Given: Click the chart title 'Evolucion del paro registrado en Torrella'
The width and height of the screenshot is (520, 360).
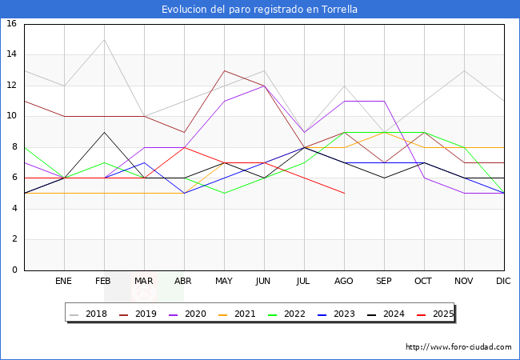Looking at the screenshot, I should (x=259, y=10).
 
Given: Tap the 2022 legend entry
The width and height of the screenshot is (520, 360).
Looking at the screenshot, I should (x=294, y=314).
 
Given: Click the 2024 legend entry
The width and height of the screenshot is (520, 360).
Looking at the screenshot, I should (x=393, y=314).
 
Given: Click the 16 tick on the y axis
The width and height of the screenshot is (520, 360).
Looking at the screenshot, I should (x=12, y=24).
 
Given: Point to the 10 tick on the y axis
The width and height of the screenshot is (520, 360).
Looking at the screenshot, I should (x=12, y=116).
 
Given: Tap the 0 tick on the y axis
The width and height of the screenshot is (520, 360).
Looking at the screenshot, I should (x=14, y=270).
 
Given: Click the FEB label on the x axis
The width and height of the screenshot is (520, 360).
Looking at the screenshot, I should (x=104, y=282).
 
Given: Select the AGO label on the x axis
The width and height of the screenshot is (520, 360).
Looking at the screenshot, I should (x=344, y=282).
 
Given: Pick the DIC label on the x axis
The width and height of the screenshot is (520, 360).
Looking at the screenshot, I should (x=503, y=282).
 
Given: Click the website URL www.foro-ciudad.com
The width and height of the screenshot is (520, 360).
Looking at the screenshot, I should (x=458, y=347).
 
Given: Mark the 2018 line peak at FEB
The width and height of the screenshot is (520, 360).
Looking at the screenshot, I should (x=104, y=39).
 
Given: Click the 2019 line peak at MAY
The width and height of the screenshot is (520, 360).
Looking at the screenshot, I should (x=224, y=70).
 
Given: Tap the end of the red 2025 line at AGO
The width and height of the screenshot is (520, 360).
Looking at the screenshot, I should (x=344, y=194).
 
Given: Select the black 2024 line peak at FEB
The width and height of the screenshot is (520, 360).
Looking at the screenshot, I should (x=104, y=132).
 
